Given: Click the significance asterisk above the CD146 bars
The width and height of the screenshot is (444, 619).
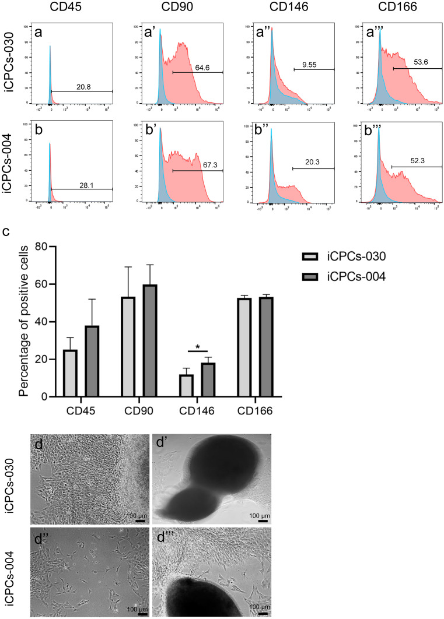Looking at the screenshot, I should (198, 347).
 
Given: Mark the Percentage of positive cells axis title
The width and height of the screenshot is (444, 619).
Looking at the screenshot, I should (23, 322).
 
